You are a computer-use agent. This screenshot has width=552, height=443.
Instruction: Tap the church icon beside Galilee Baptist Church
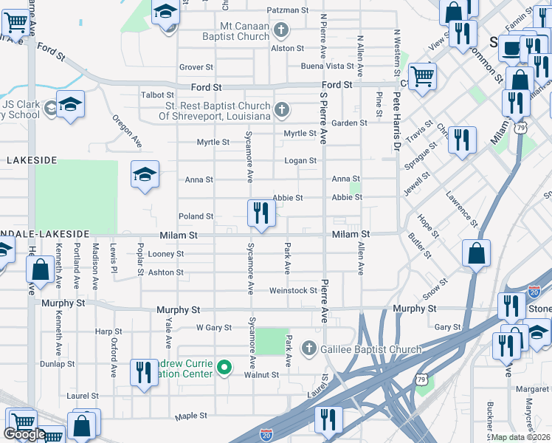(x=309, y=348)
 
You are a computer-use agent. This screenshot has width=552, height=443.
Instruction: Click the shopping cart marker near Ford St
(x=422, y=75)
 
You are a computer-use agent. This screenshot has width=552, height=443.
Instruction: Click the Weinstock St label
(x=293, y=291)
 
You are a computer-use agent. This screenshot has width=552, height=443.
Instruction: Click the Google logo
(x=24, y=434)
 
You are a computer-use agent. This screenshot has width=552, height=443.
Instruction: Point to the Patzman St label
(x=289, y=10)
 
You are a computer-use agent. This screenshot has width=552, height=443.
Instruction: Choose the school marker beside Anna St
(x=145, y=175)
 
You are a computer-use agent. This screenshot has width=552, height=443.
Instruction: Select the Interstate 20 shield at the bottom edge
(x=266, y=435)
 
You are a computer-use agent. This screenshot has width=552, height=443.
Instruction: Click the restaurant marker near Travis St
(x=462, y=139)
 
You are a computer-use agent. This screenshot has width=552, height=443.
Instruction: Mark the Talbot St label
(x=157, y=95)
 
